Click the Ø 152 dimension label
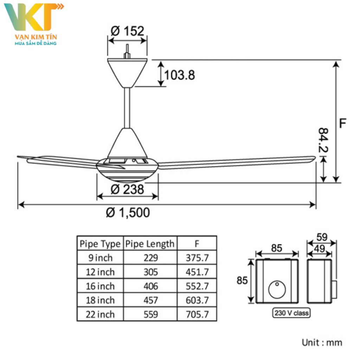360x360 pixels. [127, 31]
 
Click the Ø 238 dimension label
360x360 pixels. [127, 189]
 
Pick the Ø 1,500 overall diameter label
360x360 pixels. [128, 212]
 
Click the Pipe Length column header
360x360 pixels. [150, 244]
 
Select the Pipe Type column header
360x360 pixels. [100, 244]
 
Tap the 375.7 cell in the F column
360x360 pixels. [197, 258]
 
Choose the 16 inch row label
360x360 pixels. [100, 286]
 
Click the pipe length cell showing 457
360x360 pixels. [150, 300]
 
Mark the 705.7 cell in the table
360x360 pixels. [197, 314]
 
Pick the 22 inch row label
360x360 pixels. [100, 314]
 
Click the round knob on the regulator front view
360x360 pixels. [277, 290]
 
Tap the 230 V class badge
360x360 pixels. [291, 313]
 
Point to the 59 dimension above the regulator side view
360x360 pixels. [322, 237]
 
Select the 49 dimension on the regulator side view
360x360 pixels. [319, 249]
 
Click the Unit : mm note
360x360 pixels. [322, 342]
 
